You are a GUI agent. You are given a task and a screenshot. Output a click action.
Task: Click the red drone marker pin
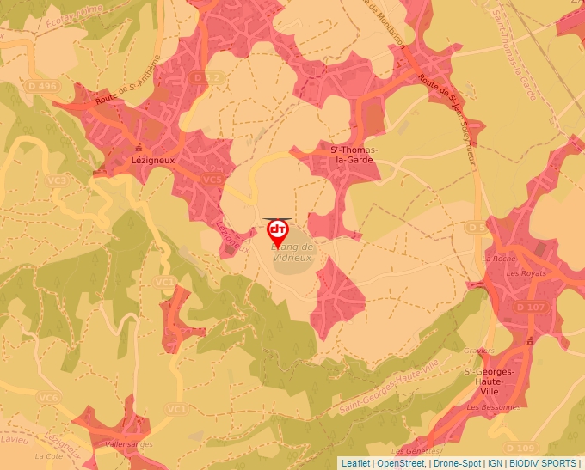[x=277, y=231]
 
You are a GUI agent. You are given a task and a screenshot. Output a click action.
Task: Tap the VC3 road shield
[x=58, y=180]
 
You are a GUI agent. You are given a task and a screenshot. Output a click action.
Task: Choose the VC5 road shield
[x=212, y=179]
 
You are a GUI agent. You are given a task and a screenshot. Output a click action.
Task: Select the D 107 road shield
[x=531, y=307]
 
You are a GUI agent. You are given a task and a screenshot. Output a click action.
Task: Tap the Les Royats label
[x=526, y=273]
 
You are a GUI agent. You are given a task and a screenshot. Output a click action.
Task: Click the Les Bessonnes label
[x=493, y=406]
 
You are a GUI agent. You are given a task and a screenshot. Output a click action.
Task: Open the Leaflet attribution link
[x=355, y=462]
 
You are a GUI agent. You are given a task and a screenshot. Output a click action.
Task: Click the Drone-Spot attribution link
[x=456, y=462]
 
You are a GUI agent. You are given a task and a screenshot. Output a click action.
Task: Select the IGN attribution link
[x=495, y=462]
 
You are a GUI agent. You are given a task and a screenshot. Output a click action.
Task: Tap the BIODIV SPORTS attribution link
[x=543, y=462]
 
